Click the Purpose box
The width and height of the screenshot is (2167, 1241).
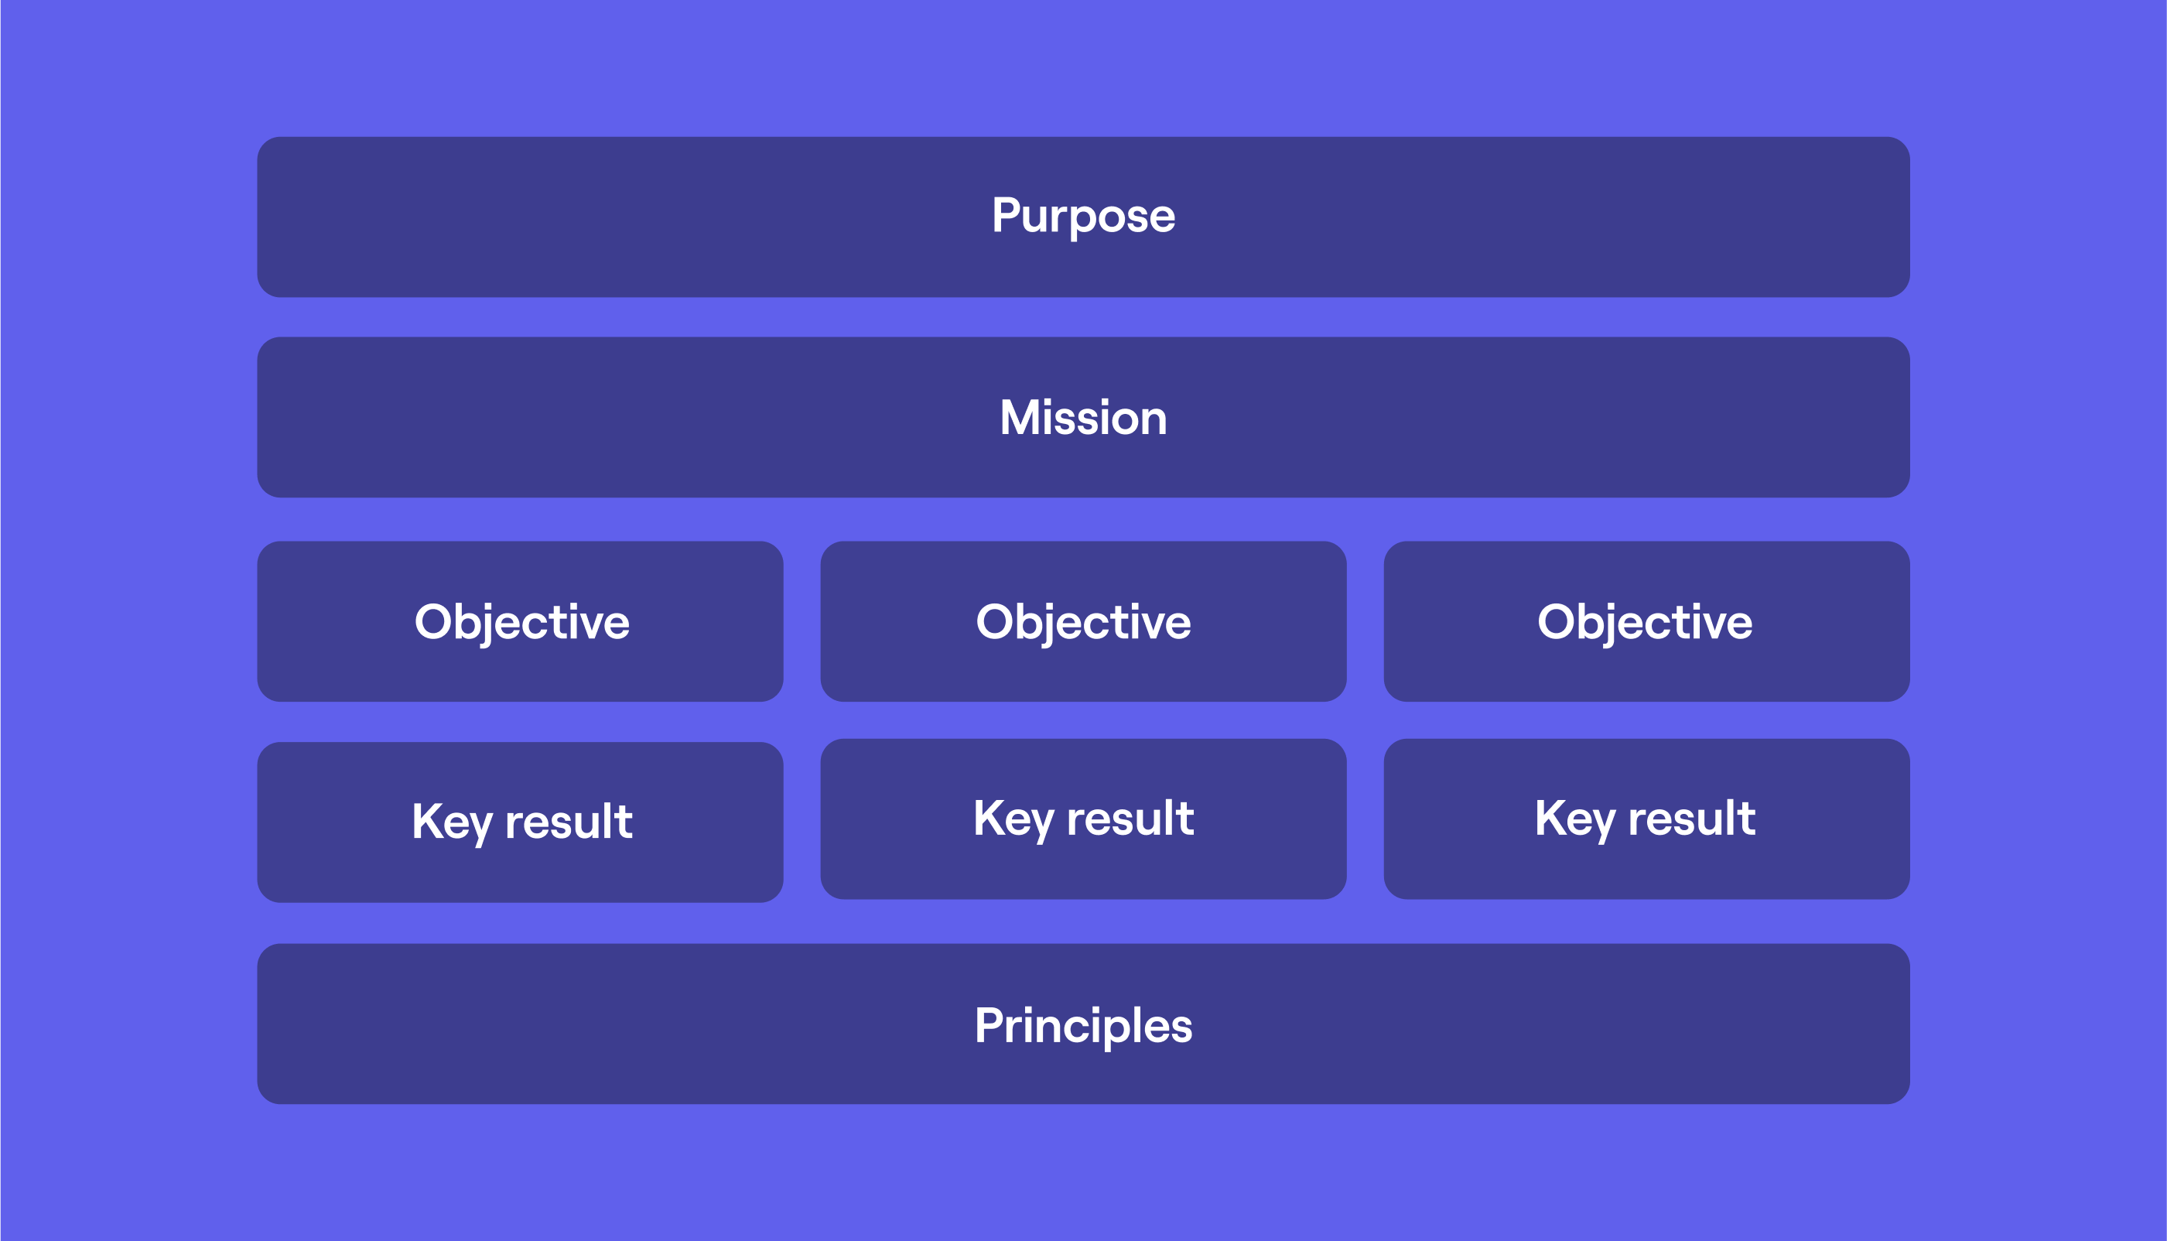[1083, 217]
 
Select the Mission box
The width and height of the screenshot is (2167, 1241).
[1083, 417]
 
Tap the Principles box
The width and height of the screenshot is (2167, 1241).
[1083, 1024]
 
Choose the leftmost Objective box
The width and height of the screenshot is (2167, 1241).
[520, 621]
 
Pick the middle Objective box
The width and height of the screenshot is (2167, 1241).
[1083, 621]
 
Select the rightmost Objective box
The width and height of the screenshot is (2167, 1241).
[1646, 621]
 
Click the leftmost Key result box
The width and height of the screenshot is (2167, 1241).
[520, 822]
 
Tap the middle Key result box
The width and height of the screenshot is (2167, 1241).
[1083, 819]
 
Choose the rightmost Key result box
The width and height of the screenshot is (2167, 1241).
[1646, 819]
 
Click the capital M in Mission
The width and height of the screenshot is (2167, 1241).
[1020, 418]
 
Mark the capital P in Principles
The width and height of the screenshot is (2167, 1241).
[991, 1024]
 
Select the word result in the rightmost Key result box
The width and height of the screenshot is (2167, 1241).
[1691, 819]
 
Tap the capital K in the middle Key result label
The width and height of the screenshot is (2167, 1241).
[990, 817]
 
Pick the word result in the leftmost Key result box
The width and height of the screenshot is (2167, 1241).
[569, 822]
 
